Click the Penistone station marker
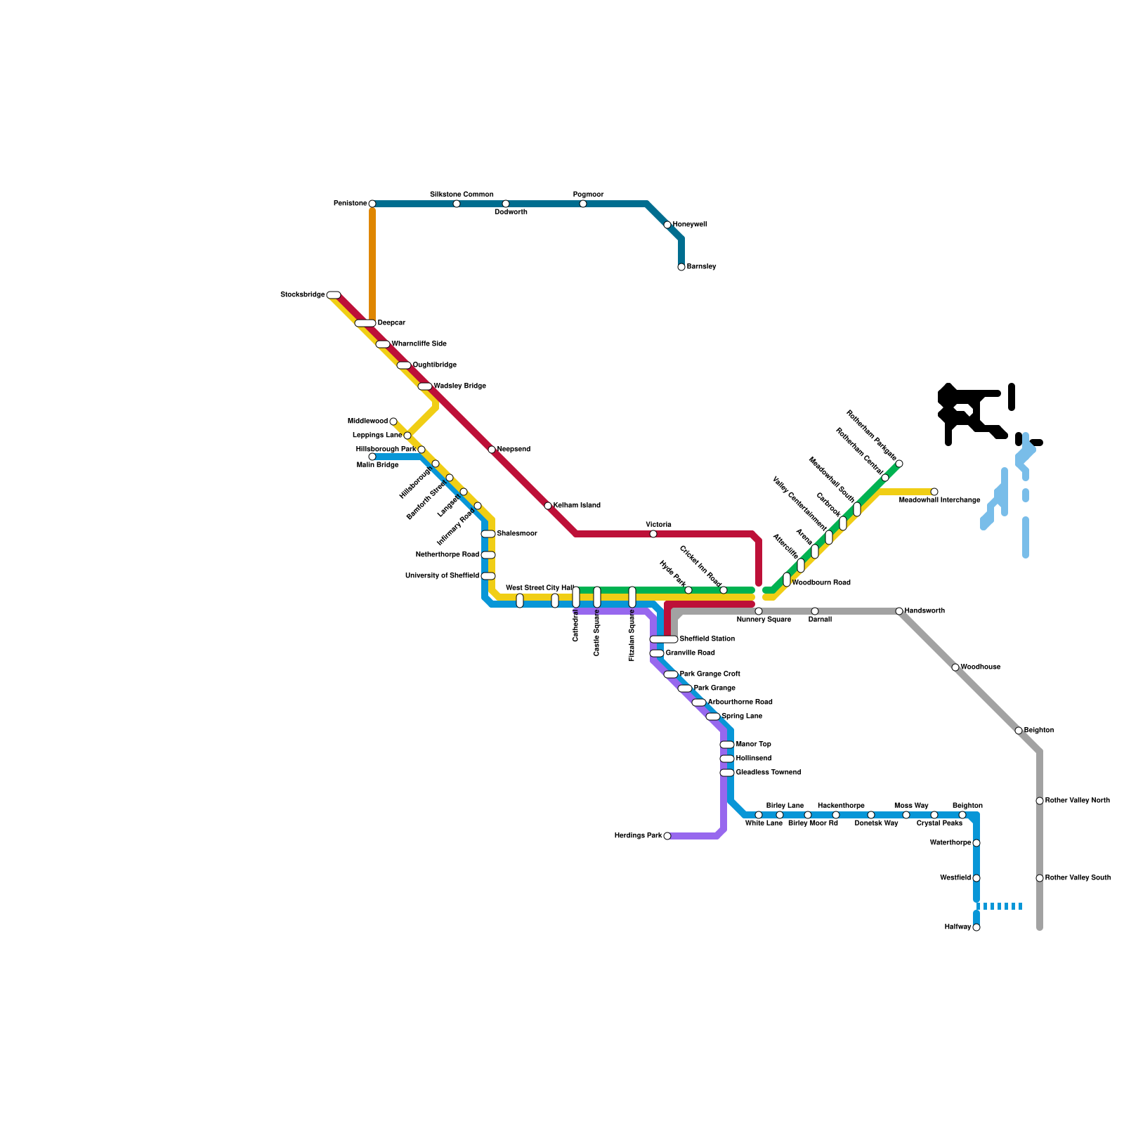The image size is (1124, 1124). pyautogui.click(x=372, y=204)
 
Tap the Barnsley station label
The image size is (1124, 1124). pyautogui.click(x=701, y=267)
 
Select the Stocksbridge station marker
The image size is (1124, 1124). pyautogui.click(x=334, y=295)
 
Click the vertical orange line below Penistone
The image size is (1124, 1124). pyautogui.click(x=372, y=263)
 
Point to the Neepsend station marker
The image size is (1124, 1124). pyautogui.click(x=492, y=450)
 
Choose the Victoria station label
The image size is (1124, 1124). pyautogui.click(x=658, y=525)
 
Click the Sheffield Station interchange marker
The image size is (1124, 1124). pyautogui.click(x=664, y=639)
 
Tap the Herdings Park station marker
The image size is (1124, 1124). pyautogui.click(x=667, y=836)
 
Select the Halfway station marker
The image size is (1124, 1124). pyautogui.click(x=976, y=927)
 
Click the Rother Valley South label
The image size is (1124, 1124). pyautogui.click(x=1078, y=878)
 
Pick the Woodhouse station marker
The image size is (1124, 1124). pyautogui.click(x=955, y=667)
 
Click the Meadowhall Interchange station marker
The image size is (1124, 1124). pyautogui.click(x=934, y=492)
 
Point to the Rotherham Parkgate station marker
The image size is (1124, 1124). pyautogui.click(x=899, y=464)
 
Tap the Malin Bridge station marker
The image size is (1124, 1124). pyautogui.click(x=372, y=457)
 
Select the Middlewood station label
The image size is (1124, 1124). pyautogui.click(x=367, y=421)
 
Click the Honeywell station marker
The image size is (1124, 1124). pyautogui.click(x=667, y=225)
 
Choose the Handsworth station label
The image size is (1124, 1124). pyautogui.click(x=924, y=611)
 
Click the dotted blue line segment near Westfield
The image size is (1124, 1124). pyautogui.click(x=1001, y=906)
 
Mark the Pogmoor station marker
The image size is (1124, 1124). pyautogui.click(x=583, y=204)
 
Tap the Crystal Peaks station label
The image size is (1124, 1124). pyautogui.click(x=939, y=823)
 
